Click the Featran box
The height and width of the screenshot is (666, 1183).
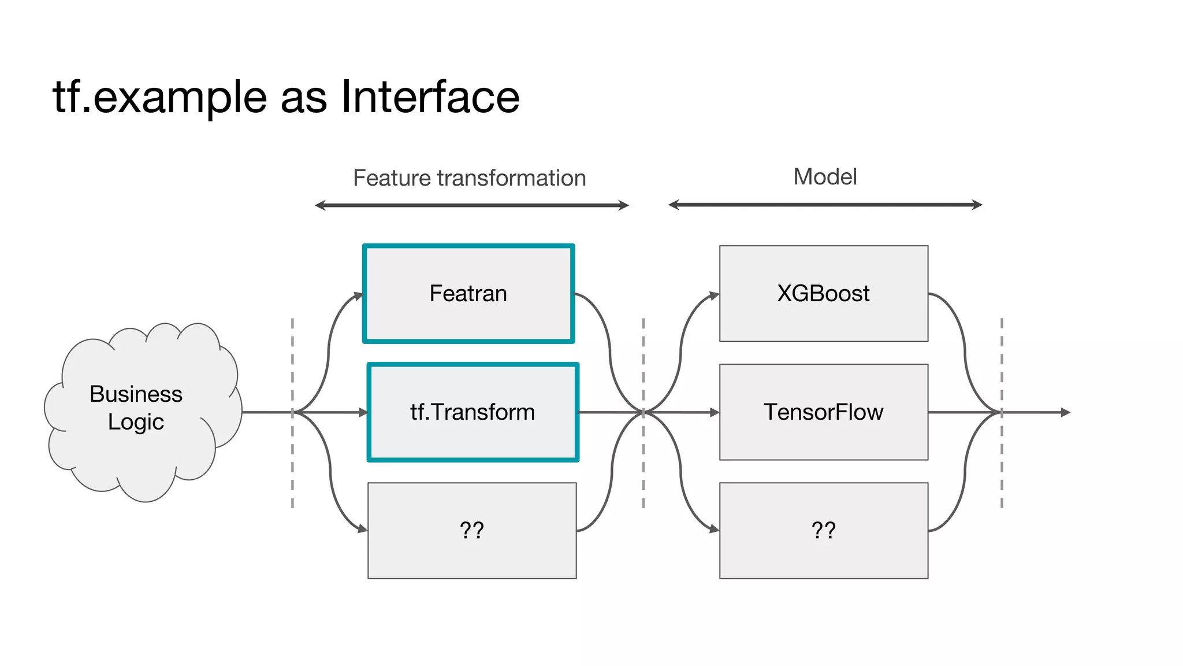(x=468, y=294)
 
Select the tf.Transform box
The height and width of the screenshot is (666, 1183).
(x=473, y=412)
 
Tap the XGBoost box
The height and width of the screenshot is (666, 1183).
(x=823, y=294)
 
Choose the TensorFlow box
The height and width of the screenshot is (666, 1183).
(x=823, y=412)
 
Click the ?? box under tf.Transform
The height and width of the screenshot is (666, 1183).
(x=472, y=530)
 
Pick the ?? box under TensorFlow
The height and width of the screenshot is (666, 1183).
(x=823, y=530)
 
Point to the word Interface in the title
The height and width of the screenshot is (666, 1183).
(x=430, y=97)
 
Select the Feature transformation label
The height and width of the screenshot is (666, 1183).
(x=469, y=178)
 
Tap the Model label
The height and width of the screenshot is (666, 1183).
(x=825, y=177)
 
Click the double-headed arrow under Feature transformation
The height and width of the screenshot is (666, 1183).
(x=471, y=205)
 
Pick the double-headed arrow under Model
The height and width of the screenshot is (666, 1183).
(x=825, y=205)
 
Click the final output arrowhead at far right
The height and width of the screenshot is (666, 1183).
(x=1066, y=412)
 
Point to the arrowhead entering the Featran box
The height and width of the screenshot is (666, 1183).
(x=359, y=296)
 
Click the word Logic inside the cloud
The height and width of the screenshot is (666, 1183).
(x=136, y=422)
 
